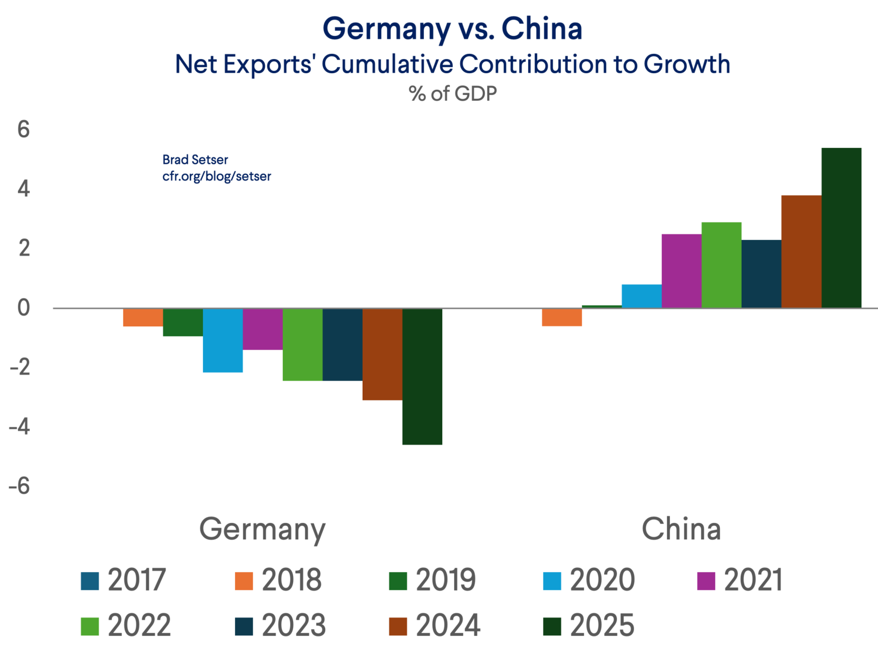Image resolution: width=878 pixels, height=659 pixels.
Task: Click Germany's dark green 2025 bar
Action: [422, 376]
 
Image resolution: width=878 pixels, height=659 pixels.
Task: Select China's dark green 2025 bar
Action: [841, 228]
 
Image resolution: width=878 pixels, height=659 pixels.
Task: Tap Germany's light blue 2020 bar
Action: [223, 340]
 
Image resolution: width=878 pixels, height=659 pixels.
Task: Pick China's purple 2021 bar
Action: [681, 271]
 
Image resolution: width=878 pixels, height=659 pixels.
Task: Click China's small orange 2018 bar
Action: [562, 317]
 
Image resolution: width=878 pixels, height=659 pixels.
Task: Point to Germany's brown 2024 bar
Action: [382, 354]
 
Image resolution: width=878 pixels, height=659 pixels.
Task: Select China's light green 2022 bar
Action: [721, 265]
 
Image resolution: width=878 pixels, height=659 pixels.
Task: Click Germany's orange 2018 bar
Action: [143, 317]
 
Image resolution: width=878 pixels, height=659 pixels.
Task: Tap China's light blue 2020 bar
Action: [641, 296]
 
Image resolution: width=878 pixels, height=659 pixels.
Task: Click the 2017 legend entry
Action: [123, 580]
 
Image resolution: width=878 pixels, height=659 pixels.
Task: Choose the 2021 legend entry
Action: [740, 580]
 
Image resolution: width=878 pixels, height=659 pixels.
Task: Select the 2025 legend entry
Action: [589, 626]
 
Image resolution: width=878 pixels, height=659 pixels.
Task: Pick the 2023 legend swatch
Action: [244, 627]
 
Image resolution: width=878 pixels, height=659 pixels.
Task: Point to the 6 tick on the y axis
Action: [24, 130]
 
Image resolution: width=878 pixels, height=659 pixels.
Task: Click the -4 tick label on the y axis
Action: [20, 427]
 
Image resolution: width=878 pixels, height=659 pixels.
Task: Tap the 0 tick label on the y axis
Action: [24, 308]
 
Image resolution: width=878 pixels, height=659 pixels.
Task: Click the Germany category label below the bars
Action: [262, 529]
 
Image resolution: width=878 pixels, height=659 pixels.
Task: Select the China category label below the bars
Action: [681, 529]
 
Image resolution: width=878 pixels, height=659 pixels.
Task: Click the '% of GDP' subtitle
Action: [452, 94]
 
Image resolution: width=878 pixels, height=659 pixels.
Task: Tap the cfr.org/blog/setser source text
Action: [217, 176]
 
